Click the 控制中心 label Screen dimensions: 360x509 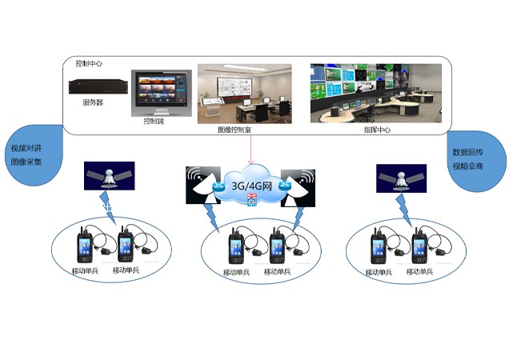pyautogui.click(x=88, y=63)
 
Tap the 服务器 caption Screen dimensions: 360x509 pyautogui.click(x=93, y=102)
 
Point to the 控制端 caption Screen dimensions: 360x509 pyautogui.click(x=153, y=122)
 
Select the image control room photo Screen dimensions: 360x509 pyautogui.click(x=246, y=93)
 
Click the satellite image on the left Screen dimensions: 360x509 pyautogui.click(x=110, y=177)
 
